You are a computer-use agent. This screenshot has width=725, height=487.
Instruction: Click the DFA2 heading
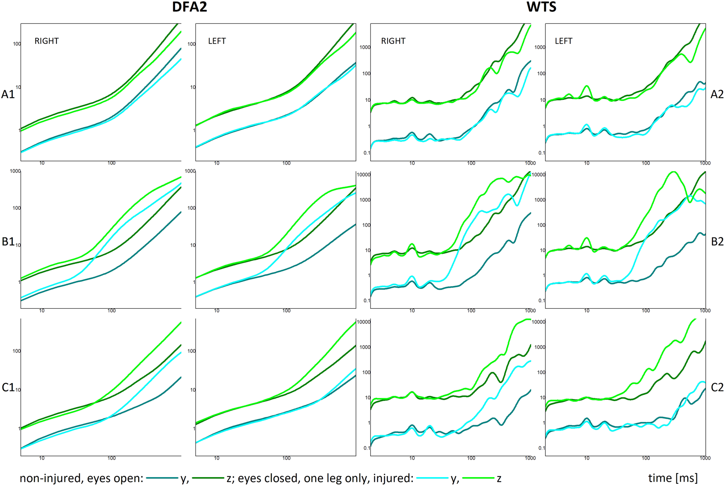pos(189,7)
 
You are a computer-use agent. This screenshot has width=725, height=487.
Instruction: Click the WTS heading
pos(541,7)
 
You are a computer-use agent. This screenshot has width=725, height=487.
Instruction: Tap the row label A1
pos(8,94)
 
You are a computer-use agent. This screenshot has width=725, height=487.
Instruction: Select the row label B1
pos(8,241)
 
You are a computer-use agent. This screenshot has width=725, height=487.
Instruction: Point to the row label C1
pos(8,387)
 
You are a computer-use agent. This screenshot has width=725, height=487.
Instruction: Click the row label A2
pos(717,94)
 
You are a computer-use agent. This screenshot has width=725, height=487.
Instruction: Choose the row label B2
pos(717,241)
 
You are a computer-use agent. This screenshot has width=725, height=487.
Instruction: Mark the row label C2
pos(717,387)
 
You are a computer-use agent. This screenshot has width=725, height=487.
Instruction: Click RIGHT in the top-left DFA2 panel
pos(46,41)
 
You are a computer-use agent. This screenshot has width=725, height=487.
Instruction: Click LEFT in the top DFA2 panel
pos(217,41)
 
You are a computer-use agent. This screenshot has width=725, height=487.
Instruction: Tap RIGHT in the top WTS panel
pos(393,41)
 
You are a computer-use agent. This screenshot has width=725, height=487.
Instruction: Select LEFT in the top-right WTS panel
pos(563,41)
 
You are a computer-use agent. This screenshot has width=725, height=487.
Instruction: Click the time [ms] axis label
pos(673,478)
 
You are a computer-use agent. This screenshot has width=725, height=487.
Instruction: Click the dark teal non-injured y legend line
pos(162,478)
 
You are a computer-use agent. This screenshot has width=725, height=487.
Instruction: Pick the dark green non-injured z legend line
pos(208,478)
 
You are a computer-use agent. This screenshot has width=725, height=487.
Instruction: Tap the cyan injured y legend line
pos(432,478)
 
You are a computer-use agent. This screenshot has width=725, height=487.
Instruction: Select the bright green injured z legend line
pos(478,478)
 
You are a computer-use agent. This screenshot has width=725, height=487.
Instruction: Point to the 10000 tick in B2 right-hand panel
pos(538,175)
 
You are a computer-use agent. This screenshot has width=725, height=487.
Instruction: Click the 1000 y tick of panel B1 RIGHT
pos(15,171)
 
